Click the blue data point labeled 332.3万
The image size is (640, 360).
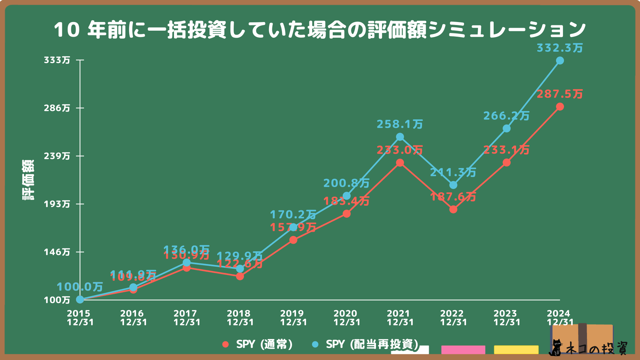(x=560, y=61)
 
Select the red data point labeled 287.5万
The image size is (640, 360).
(x=560, y=107)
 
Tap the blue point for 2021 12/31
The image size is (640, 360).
(x=400, y=137)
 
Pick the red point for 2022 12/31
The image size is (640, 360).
(x=453, y=209)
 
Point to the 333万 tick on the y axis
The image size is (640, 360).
(x=57, y=60)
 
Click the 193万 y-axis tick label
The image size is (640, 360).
(x=57, y=204)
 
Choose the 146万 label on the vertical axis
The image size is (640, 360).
(x=57, y=252)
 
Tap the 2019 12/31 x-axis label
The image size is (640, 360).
(x=293, y=318)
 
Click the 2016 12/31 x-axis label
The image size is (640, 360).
(x=133, y=318)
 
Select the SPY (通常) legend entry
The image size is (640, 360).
(x=258, y=344)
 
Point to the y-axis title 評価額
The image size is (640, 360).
(x=28, y=180)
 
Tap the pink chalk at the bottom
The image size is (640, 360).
(x=463, y=350)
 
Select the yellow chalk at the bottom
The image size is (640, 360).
(x=516, y=350)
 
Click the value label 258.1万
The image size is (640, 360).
(x=400, y=124)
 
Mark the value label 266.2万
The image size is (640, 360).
(x=506, y=116)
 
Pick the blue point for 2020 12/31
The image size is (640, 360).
(x=347, y=196)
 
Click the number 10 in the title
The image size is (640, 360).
(x=67, y=30)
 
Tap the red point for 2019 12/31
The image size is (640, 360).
(x=293, y=240)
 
